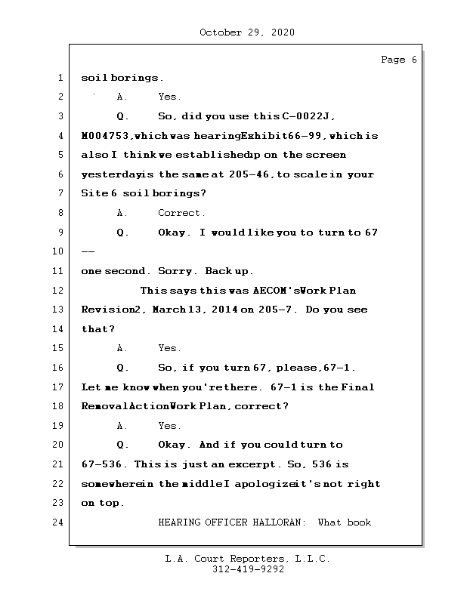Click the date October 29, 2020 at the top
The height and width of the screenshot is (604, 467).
click(247, 32)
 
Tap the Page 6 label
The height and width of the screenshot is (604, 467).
click(398, 60)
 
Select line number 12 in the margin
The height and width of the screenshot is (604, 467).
click(60, 290)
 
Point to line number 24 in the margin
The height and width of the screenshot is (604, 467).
click(60, 522)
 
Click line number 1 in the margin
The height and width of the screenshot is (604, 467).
click(60, 77)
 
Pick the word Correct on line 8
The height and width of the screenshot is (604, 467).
click(181, 213)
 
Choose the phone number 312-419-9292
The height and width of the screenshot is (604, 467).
click(247, 570)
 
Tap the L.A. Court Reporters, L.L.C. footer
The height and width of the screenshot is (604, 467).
click(247, 559)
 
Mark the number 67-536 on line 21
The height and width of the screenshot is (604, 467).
click(104, 464)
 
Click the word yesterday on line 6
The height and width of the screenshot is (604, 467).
click(108, 174)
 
